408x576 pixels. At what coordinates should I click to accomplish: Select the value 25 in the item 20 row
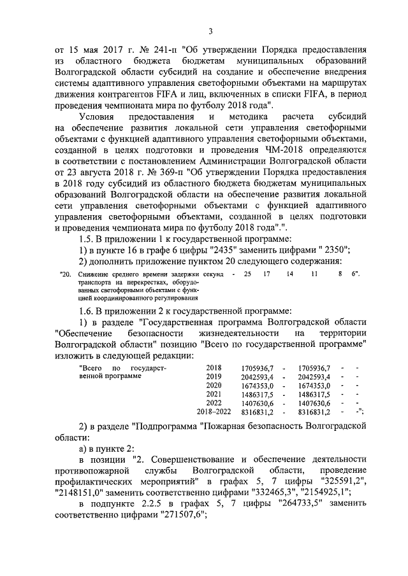coord(247,274)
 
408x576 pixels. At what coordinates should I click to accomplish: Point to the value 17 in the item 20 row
coord(267,274)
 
